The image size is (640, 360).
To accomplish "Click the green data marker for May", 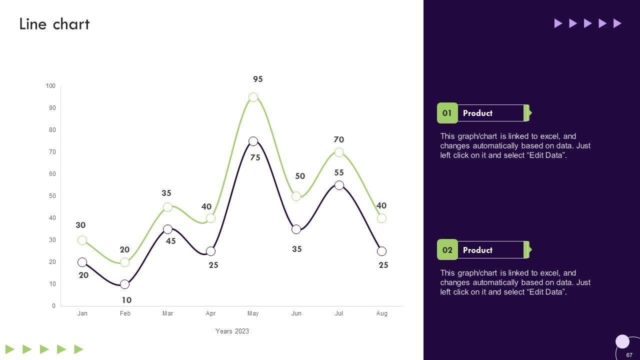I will tap(253, 97).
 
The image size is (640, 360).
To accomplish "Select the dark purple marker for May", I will tap(253, 141).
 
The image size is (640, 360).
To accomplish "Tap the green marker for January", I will tap(82, 240).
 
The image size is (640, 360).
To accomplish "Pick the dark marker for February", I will tap(125, 284).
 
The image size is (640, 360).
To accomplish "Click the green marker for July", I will tap(339, 152).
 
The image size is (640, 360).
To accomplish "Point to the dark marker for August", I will tap(381, 251).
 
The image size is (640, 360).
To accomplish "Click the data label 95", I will tap(258, 79).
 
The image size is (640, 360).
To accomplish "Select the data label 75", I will tap(255, 157).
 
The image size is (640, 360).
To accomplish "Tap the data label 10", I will tap(126, 300).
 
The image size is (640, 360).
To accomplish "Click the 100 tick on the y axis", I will tap(50, 86).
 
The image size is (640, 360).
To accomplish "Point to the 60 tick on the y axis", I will tap(52, 174).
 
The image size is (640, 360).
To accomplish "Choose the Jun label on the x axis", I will tap(296, 313).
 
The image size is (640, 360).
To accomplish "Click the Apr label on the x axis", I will tap(210, 313).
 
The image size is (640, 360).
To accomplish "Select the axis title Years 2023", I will tap(232, 331).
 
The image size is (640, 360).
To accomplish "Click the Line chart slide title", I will tap(54, 24).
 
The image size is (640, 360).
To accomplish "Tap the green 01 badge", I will tap(447, 113).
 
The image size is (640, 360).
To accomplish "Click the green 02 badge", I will tap(447, 250).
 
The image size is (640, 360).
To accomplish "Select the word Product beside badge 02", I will tap(477, 250).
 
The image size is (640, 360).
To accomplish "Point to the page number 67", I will tap(629, 355).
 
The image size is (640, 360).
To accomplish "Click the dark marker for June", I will tap(296, 229).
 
